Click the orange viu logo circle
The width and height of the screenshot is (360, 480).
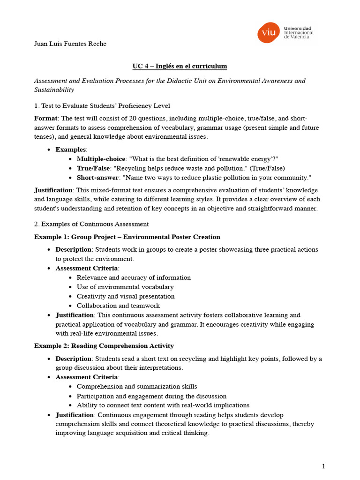point(268,33)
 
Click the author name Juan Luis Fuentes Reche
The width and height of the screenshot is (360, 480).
point(70,44)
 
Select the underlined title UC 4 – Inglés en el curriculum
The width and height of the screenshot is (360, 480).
point(180,66)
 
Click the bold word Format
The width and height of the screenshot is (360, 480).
point(46,118)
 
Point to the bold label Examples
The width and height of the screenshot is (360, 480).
point(71,150)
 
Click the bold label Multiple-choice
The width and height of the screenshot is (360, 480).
point(101,159)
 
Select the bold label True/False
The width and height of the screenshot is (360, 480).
point(93,168)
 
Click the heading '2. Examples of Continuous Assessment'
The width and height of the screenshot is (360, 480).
point(91,224)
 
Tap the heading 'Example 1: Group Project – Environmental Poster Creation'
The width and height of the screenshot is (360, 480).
point(127,237)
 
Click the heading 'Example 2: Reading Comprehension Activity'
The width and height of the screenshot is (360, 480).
point(104,346)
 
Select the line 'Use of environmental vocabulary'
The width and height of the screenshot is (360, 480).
point(125,287)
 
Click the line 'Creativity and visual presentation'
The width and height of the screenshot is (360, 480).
point(126,296)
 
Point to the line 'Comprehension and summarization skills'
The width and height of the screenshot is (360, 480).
point(137,387)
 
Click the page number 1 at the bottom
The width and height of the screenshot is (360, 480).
point(323,466)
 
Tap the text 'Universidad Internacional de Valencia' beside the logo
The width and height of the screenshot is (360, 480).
point(299,33)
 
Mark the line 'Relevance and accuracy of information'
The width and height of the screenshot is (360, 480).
point(134,277)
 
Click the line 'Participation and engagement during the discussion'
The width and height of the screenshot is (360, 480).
point(151,396)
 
